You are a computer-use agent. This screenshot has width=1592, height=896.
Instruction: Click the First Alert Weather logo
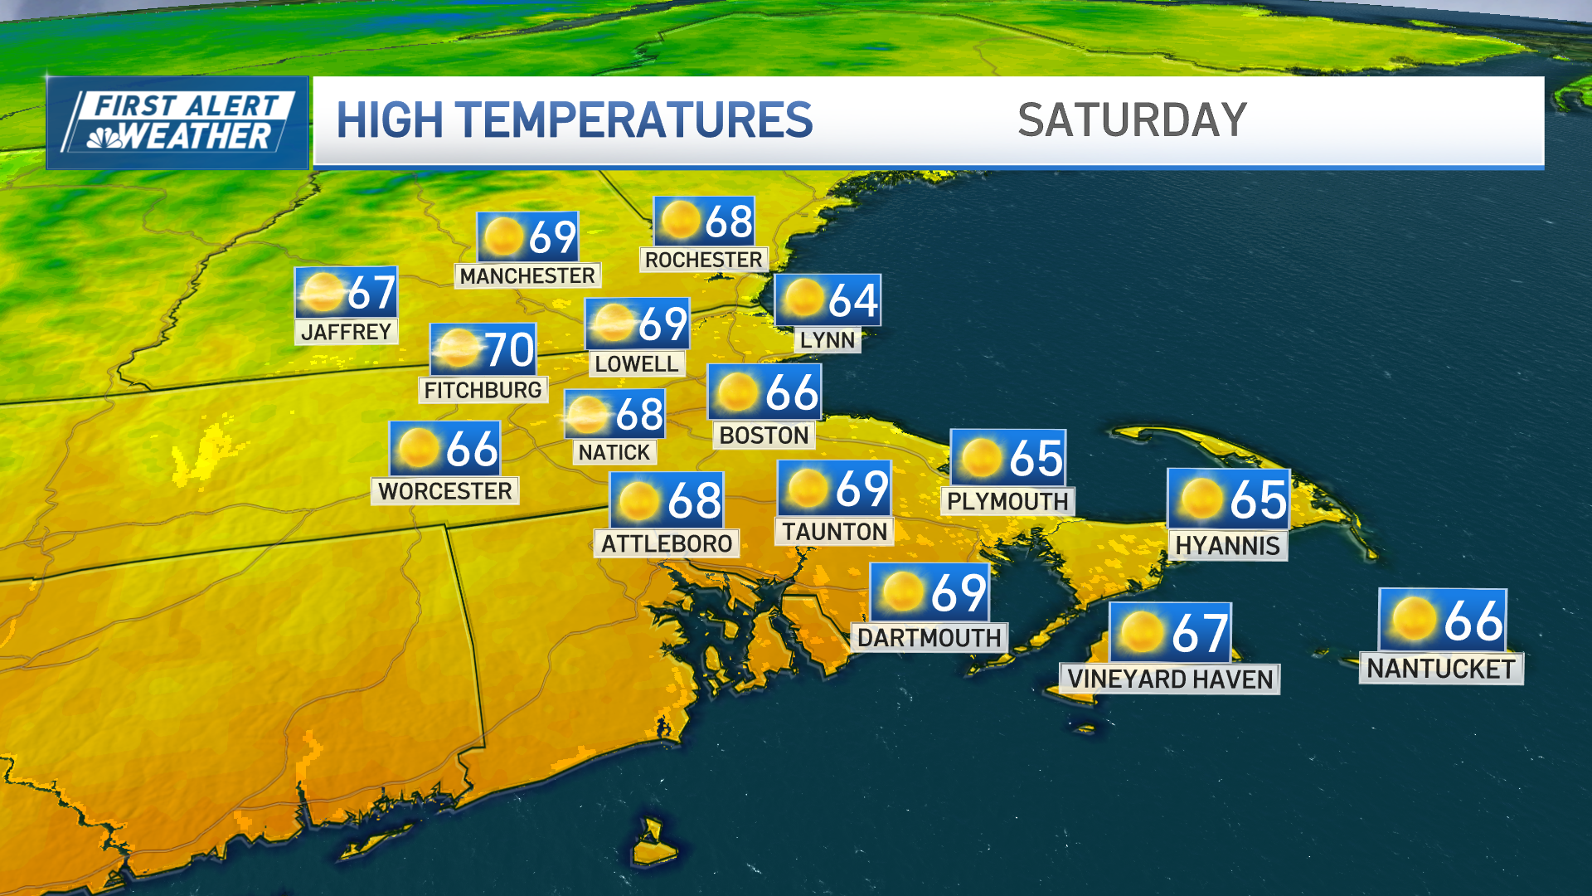[177, 123]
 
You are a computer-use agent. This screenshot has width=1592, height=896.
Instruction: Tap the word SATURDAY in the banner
[1132, 120]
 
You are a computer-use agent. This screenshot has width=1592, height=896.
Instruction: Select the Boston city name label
[764, 436]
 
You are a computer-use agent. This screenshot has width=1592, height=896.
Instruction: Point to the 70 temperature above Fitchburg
[509, 349]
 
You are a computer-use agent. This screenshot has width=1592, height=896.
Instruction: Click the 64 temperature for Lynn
[852, 300]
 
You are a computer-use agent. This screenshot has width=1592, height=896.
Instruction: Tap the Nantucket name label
[1440, 669]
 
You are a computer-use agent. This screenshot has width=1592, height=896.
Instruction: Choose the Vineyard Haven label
[1169, 679]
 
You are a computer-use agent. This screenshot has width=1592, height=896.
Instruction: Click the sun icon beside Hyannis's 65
[1201, 499]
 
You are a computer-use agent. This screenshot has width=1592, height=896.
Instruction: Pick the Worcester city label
[445, 491]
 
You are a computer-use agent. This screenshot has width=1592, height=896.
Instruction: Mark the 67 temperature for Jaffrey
[371, 293]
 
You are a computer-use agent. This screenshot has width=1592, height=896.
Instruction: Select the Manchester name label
[527, 275]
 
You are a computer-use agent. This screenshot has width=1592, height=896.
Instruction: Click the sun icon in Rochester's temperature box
[681, 221]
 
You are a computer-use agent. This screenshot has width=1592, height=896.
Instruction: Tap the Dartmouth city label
[929, 638]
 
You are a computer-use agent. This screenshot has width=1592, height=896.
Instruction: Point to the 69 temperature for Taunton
[862, 488]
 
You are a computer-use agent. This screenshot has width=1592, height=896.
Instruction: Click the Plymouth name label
[1007, 502]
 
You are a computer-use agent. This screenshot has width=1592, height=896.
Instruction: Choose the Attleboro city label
[667, 544]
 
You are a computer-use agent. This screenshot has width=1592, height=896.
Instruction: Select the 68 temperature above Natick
[638, 415]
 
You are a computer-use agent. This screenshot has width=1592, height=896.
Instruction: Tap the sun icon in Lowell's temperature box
[614, 323]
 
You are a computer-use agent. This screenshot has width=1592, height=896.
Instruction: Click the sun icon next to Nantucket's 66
[1414, 620]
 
